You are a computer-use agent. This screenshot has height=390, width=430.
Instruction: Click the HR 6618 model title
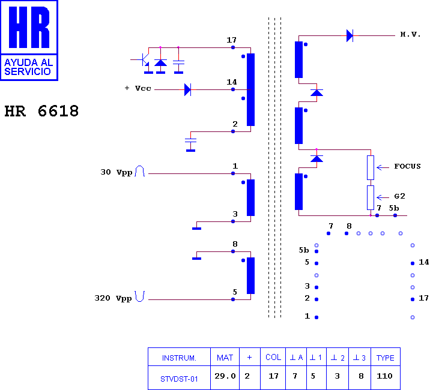click(x=41, y=111)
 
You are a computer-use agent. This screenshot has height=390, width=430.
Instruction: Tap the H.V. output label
click(x=410, y=34)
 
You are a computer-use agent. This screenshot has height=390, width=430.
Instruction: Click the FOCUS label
click(x=407, y=166)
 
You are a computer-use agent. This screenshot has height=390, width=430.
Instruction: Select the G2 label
click(x=399, y=196)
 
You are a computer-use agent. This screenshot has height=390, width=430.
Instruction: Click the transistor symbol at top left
click(x=144, y=60)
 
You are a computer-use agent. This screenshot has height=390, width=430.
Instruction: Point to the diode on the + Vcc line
click(x=187, y=89)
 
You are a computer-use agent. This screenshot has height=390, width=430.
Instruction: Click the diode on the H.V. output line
click(x=350, y=35)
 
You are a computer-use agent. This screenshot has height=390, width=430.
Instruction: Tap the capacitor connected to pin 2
click(x=190, y=140)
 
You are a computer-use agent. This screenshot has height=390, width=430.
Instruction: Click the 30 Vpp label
click(x=117, y=172)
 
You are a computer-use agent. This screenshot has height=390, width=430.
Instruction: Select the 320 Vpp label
click(x=113, y=298)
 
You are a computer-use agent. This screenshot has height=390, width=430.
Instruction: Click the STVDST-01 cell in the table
click(x=179, y=379)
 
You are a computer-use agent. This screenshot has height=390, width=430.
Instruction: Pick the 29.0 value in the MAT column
click(x=225, y=376)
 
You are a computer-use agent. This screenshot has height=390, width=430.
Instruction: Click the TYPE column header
click(x=386, y=358)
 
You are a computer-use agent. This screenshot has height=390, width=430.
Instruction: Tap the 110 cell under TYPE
click(x=384, y=376)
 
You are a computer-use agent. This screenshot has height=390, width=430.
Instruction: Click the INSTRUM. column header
click(x=179, y=358)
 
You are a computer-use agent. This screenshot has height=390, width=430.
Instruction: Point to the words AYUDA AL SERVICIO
click(x=28, y=67)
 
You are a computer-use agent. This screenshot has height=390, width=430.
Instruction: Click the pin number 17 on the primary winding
click(x=231, y=40)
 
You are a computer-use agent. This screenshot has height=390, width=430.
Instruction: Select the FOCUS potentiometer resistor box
click(x=371, y=168)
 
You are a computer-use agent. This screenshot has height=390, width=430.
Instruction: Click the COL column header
click(x=273, y=358)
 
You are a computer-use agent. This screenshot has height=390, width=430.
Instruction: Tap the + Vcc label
click(x=138, y=88)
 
